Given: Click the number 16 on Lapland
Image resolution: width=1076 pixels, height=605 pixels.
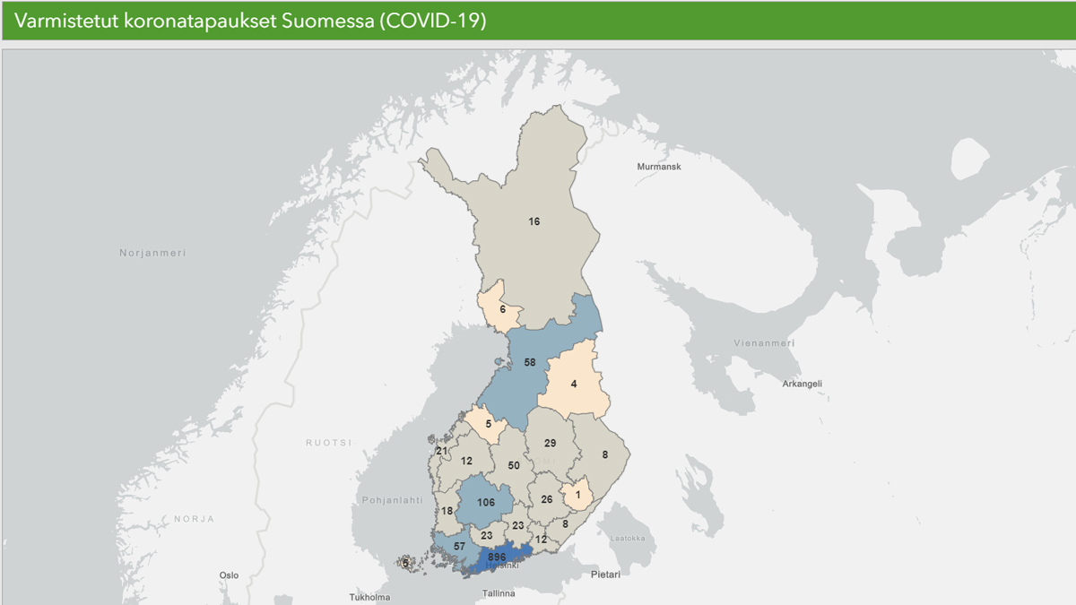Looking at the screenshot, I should tap(534, 221).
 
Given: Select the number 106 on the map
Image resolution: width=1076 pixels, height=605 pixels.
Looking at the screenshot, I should tap(486, 503).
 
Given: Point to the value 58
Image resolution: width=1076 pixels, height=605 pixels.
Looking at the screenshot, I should tap(529, 363).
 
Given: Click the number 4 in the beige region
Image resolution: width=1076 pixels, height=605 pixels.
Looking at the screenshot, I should tap(574, 384).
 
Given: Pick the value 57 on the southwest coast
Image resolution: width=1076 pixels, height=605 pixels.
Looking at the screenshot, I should tap(458, 546).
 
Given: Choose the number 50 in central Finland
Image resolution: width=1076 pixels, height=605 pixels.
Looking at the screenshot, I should tap(514, 466).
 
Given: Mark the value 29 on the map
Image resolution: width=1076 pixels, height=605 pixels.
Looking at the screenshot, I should tap(551, 444).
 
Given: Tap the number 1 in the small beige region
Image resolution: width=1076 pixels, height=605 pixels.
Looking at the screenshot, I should tap(578, 495).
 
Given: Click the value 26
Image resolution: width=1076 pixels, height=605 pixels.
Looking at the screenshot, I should tap(547, 499).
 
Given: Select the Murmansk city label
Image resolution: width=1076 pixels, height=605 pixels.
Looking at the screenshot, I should tap(659, 168).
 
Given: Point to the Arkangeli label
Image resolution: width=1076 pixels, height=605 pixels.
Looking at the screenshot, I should tap(802, 384).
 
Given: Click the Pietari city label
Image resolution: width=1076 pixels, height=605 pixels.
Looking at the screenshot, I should tap(605, 574).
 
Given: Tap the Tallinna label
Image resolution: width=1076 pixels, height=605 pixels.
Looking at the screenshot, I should tap(498, 593).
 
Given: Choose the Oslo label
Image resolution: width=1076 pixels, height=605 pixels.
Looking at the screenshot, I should tap(229, 575).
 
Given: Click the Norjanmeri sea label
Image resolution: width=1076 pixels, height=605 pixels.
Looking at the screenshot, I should tap(152, 254).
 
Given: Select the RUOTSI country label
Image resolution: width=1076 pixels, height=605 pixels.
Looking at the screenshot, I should tap(329, 443).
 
